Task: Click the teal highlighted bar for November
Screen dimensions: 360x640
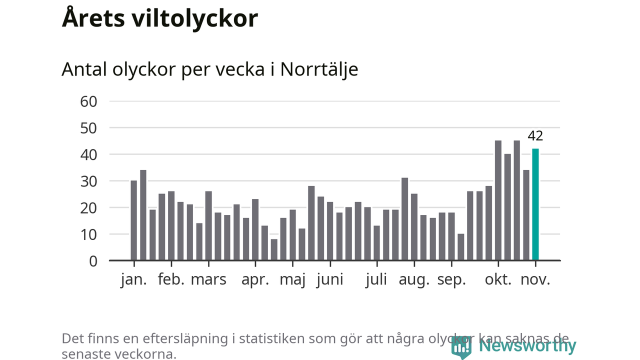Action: click(535, 204)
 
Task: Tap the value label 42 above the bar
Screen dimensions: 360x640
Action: click(535, 136)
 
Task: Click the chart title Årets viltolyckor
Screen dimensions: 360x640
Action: click(160, 18)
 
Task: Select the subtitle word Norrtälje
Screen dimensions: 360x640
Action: click(319, 69)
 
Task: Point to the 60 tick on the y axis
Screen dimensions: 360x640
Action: click(88, 101)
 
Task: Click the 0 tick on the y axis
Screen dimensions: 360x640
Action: click(92, 260)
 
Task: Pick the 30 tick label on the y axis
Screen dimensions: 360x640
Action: click(88, 181)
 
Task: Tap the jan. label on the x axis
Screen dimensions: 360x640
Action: click(133, 279)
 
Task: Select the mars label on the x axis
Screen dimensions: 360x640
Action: click(208, 279)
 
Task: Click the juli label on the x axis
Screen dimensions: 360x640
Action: click(376, 279)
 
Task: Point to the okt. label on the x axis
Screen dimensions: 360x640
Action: click(498, 279)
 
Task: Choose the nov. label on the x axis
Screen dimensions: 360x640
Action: click(535, 279)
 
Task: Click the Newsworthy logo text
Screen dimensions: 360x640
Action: click(527, 345)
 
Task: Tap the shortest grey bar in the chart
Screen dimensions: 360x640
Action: click(274, 249)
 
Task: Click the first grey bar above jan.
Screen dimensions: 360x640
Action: click(133, 220)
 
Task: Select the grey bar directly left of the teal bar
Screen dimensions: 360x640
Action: click(526, 215)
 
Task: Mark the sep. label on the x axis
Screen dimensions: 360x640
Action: click(451, 279)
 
